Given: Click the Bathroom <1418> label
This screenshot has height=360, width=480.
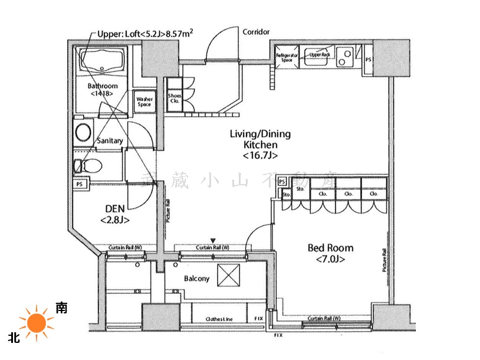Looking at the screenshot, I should coord(103,90).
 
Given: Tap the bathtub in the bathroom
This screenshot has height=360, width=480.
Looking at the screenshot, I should coord(103,61).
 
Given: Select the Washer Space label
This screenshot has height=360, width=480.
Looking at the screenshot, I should coord(144,102).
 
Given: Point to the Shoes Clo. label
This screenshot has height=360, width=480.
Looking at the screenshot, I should coord(175,98).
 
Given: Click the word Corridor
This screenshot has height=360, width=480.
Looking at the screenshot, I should coord(256,32).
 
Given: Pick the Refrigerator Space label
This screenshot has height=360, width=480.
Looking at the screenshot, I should coord(286,57).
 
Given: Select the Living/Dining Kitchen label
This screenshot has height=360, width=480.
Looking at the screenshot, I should coord(260,139).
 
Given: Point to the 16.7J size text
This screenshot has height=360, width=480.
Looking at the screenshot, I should coord(260,156).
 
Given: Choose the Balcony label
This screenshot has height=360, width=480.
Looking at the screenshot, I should coord(196,279).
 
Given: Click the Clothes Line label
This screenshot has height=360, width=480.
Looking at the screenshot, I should coord(219,319).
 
